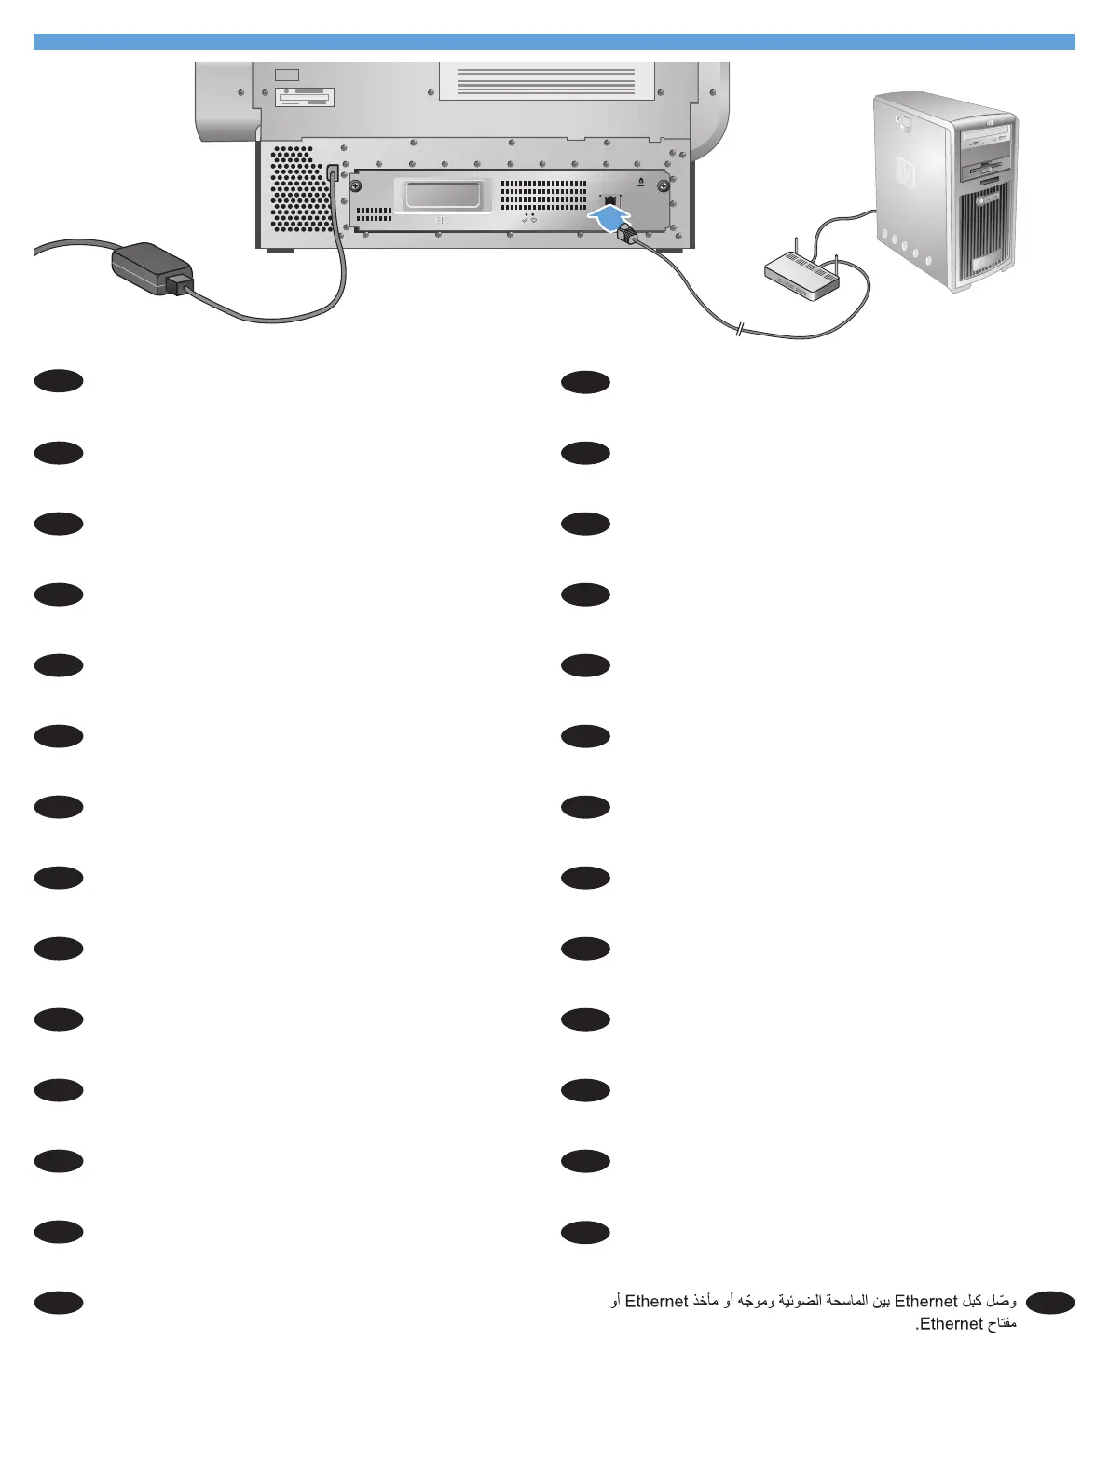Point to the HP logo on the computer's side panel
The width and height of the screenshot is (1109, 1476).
pos(902,171)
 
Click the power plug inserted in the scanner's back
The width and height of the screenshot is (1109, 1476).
pos(333,174)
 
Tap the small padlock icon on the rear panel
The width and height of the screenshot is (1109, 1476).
pos(640,182)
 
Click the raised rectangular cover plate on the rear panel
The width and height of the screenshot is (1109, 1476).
pos(443,196)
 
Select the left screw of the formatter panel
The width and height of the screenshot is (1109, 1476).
pos(356,184)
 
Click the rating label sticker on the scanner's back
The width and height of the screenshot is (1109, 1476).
pos(305,98)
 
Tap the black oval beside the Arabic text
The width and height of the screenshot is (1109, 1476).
pos(1050,1303)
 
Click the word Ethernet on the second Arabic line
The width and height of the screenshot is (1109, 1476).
pos(952,1324)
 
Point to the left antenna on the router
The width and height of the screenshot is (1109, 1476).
pos(799,252)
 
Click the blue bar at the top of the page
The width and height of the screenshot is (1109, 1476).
pos(554,42)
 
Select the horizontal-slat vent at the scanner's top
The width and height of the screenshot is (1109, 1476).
pos(546,80)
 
